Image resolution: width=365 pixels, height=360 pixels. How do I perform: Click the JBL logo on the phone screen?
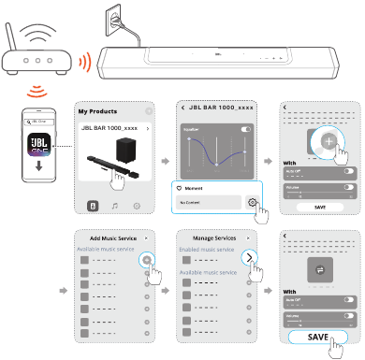pos(38,140)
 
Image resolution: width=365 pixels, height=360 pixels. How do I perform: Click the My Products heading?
pos(96,110)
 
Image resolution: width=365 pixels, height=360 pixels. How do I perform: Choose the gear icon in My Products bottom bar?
pos(138,205)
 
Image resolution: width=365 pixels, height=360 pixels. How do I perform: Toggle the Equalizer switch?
pos(246,127)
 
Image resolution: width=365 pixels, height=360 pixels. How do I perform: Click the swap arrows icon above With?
pos(318,270)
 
